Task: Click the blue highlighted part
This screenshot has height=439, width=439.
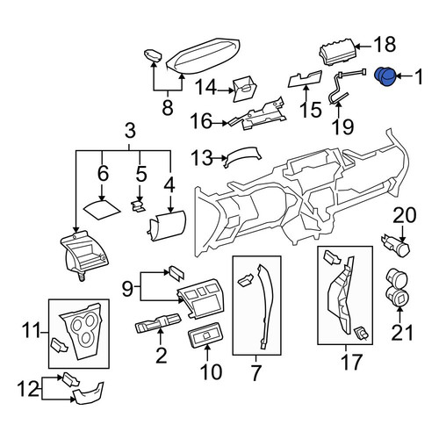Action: (x=385, y=76)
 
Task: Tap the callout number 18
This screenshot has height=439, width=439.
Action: (x=385, y=45)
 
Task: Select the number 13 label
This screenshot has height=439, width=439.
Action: (x=202, y=158)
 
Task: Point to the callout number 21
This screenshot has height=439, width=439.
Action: (x=402, y=333)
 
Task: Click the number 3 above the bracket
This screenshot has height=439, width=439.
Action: (x=130, y=131)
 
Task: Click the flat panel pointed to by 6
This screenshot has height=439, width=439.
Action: (x=102, y=210)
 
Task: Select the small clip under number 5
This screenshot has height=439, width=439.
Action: (x=138, y=206)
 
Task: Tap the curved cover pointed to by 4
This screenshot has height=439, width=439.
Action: (x=168, y=225)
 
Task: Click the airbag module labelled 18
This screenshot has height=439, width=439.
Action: (x=336, y=54)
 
